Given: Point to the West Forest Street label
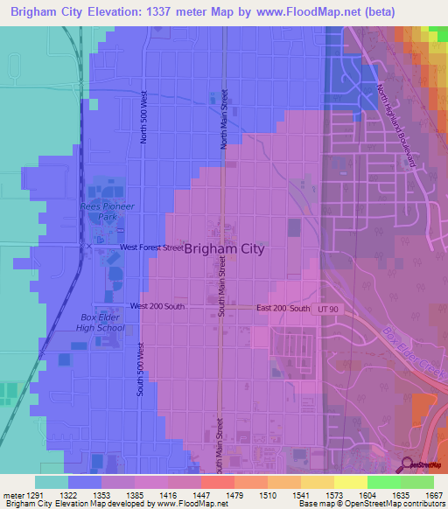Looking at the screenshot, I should coord(151,248).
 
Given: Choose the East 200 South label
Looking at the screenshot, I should coord(283,309).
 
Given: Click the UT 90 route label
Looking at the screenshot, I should coord(327,309).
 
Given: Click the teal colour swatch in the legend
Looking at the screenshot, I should coord(52,482).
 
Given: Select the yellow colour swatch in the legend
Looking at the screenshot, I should coord(350,482).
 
